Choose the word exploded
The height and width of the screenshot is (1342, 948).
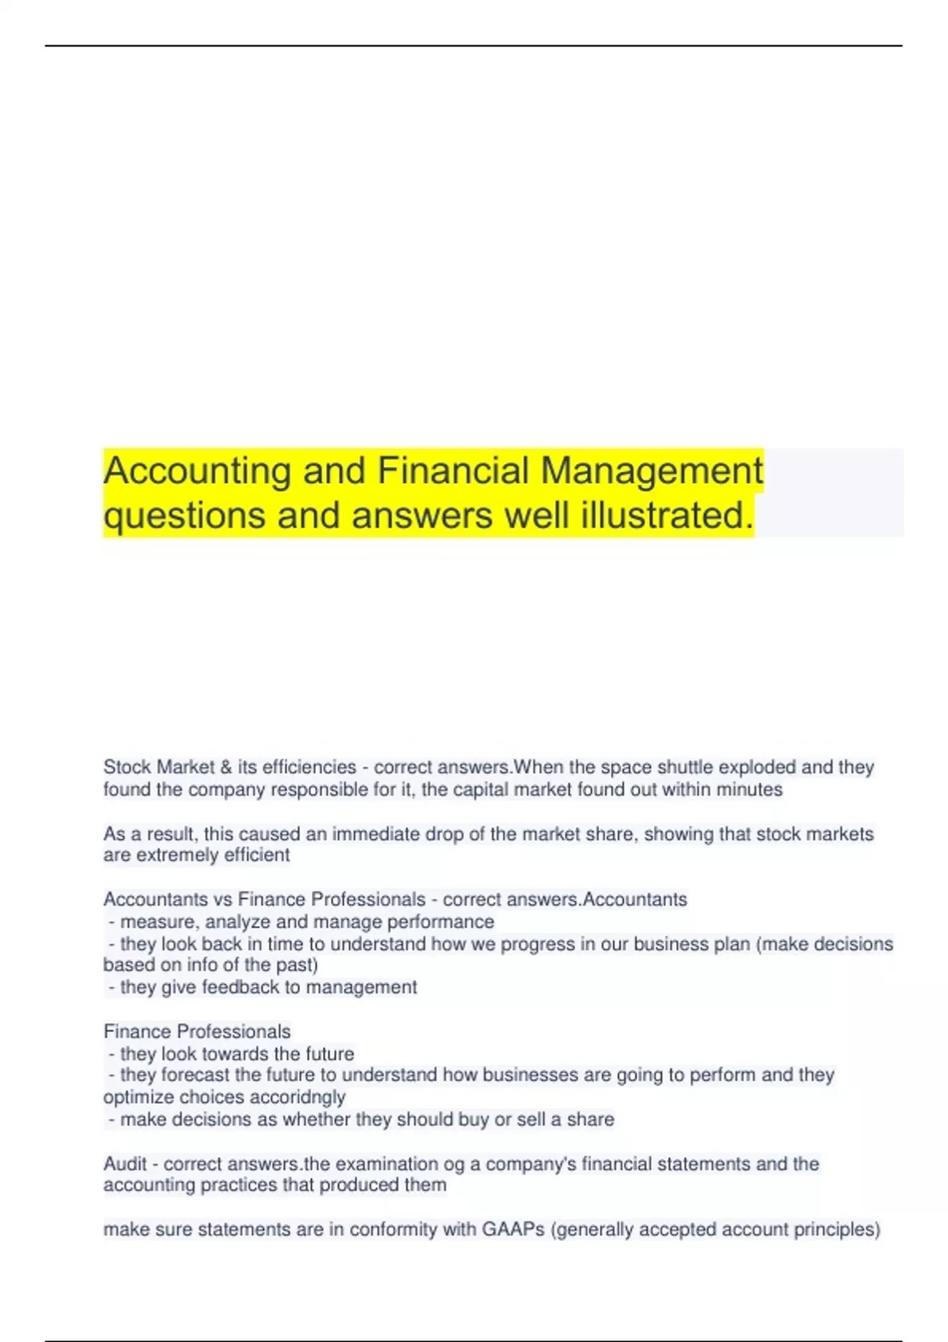point(757,767)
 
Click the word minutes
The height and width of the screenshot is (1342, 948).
point(749,789)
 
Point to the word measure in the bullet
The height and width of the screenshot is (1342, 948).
point(159,922)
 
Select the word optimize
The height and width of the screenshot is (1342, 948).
point(138,1097)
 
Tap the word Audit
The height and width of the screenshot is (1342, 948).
point(125,1164)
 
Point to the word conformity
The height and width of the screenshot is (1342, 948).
point(389,1230)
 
